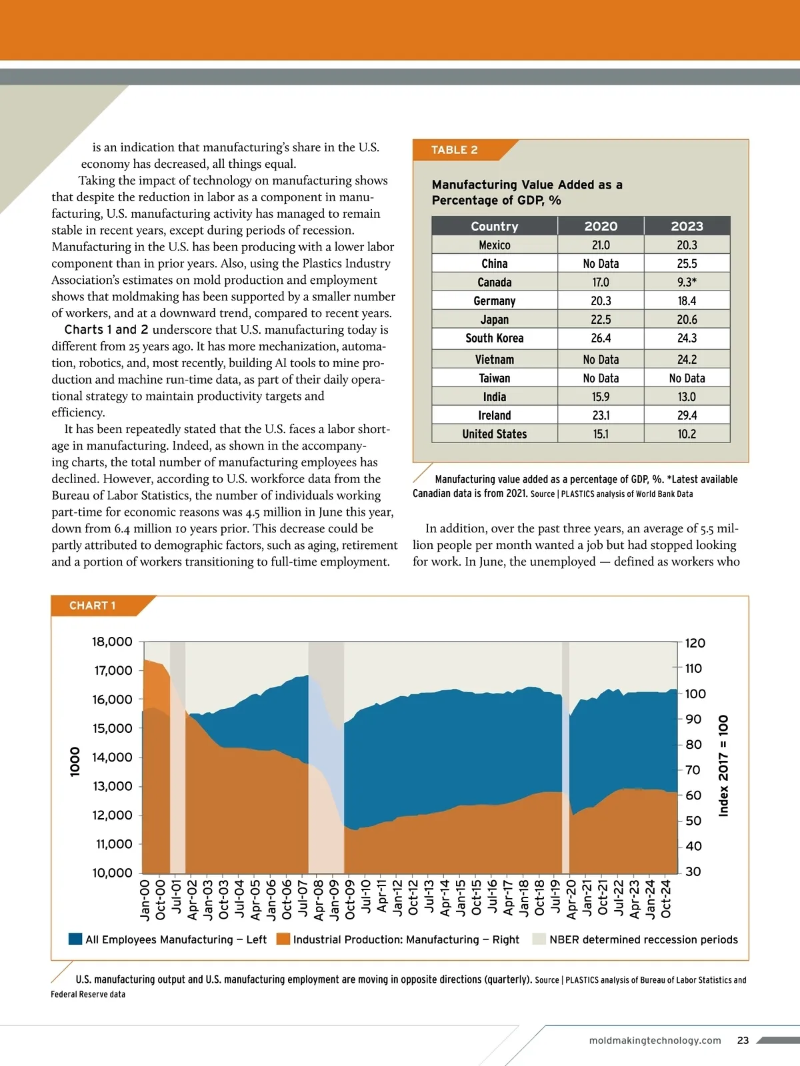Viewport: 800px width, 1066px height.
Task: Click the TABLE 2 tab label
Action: pos(454,150)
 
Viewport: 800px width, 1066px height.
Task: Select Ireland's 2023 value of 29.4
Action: pos(687,415)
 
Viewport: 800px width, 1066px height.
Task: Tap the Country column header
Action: pos(494,226)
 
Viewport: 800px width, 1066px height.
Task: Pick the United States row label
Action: pos(494,434)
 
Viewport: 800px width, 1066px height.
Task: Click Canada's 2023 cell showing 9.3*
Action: pos(687,282)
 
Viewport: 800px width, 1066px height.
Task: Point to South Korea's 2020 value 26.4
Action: pos(601,338)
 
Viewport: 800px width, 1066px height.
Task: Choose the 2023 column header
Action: pos(687,226)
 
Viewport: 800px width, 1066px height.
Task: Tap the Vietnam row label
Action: pos(494,359)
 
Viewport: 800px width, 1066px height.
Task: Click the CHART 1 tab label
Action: pos(92,606)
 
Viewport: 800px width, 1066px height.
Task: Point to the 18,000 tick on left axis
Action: pos(112,642)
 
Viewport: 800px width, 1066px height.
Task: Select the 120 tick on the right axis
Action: pos(695,643)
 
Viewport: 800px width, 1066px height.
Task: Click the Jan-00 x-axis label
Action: pos(145,899)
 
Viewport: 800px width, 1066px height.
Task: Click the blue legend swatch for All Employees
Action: pos(75,939)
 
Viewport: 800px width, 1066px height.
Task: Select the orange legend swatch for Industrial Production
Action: pos(283,939)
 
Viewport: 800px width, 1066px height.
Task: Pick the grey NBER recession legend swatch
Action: pos(539,939)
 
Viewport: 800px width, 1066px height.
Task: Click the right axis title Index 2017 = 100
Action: pos(723,765)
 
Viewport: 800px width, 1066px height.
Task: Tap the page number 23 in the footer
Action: pos(743,1040)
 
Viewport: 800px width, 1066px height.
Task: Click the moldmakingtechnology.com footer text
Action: pos(655,1040)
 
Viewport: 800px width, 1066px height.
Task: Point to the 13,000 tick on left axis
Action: pos(112,786)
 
